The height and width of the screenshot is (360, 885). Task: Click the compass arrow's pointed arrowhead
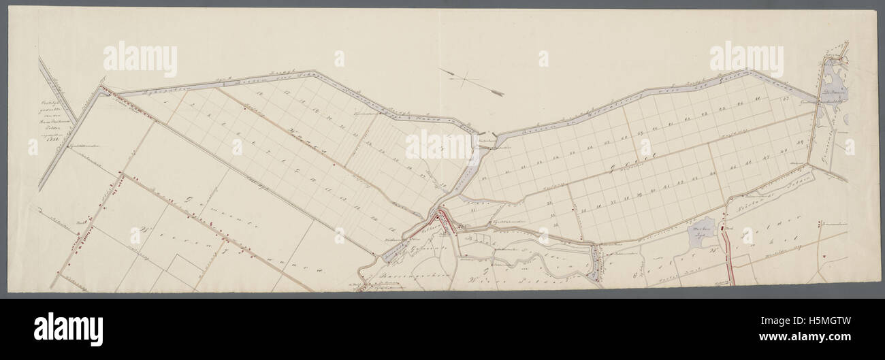501,93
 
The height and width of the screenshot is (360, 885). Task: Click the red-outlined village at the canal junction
443,219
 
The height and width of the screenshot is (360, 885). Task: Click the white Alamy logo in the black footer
68,329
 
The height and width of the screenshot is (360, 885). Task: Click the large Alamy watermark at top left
140,60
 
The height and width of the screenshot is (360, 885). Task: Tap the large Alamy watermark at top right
746,60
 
